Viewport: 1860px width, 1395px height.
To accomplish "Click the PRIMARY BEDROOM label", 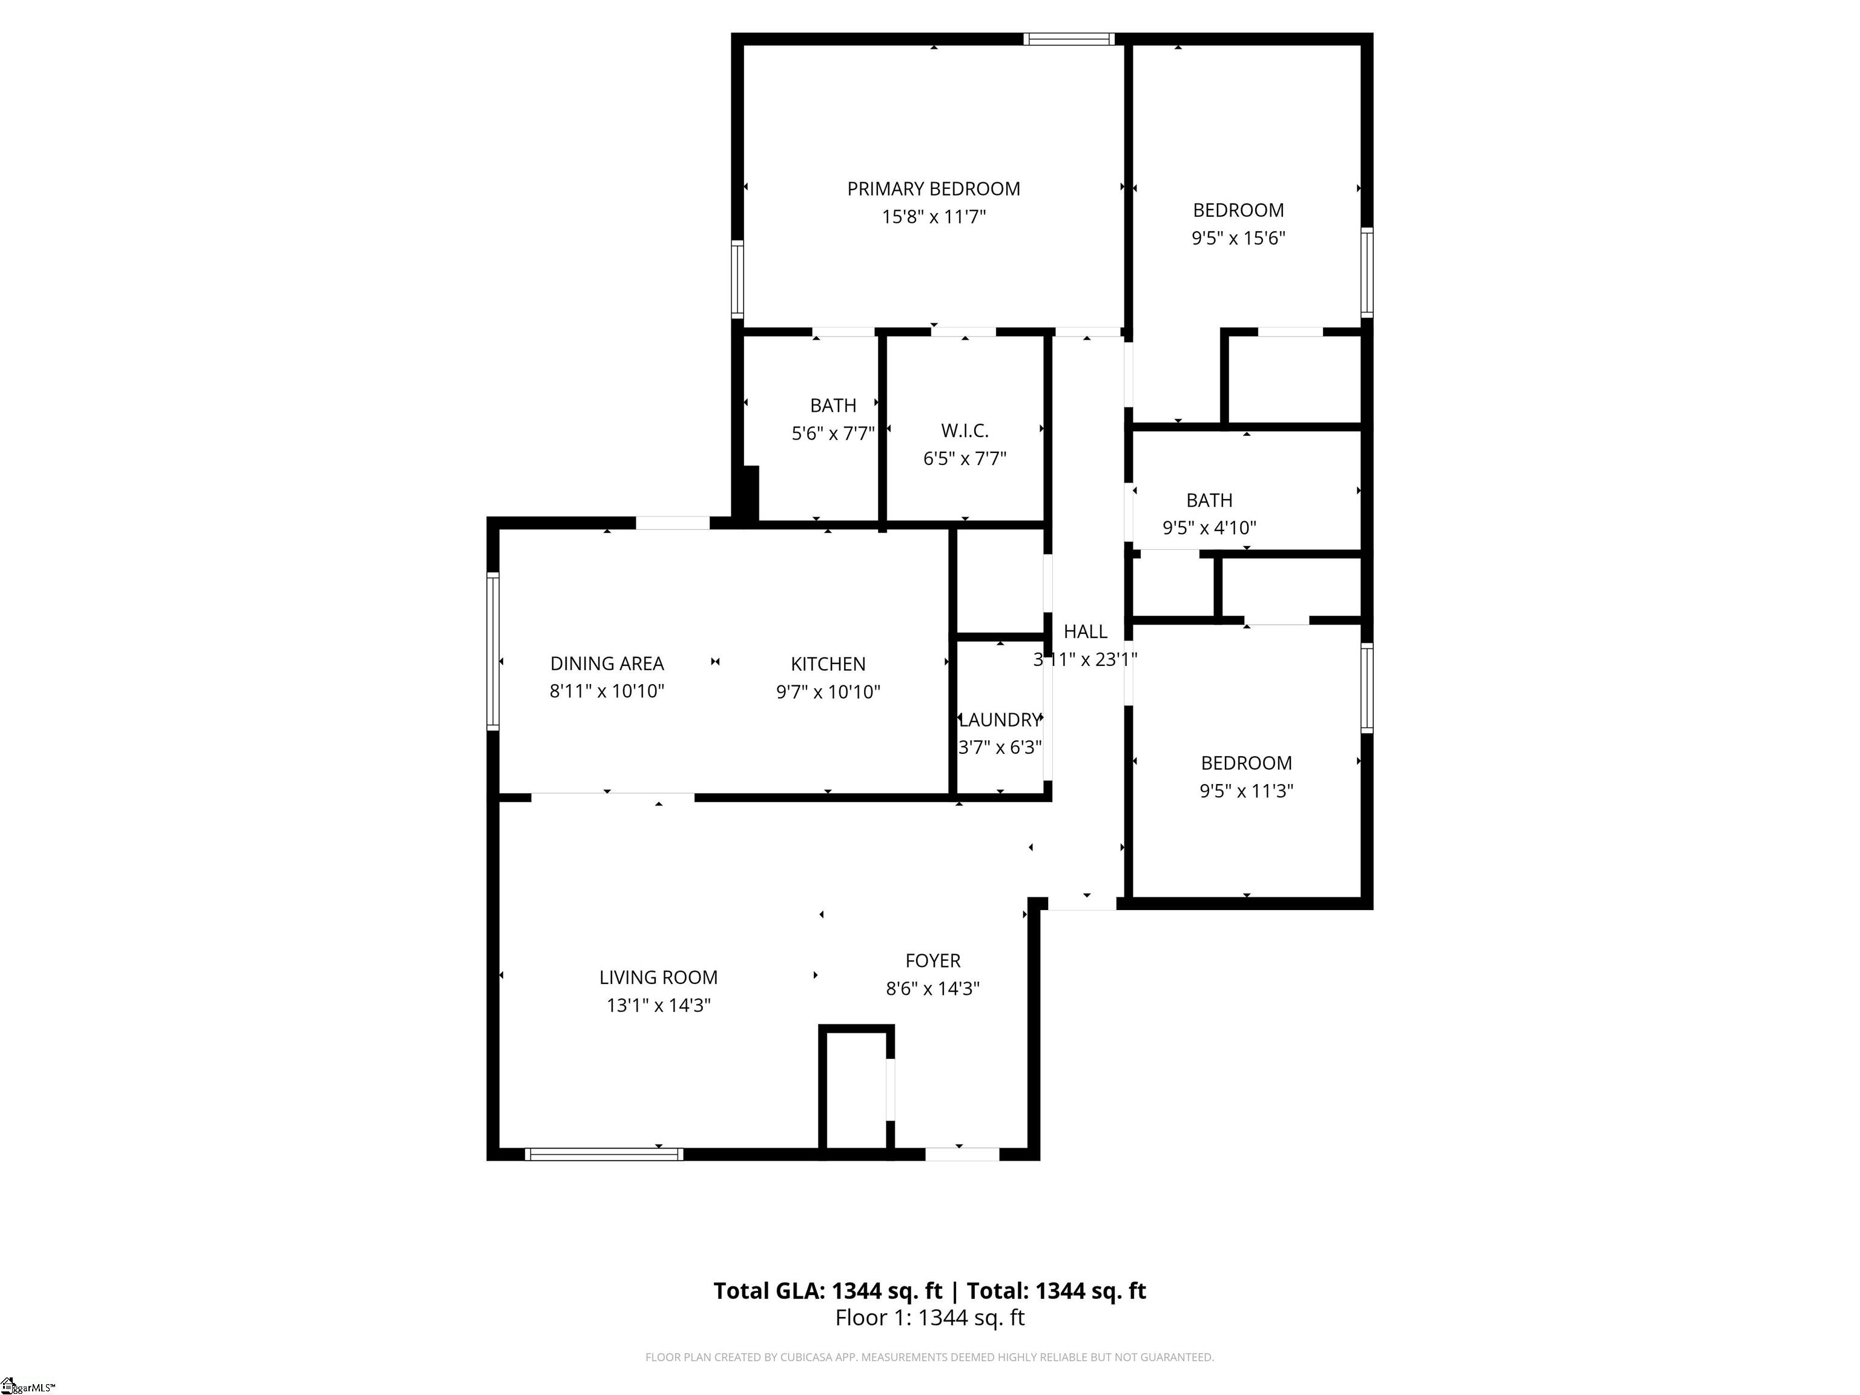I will pyautogui.click(x=934, y=189).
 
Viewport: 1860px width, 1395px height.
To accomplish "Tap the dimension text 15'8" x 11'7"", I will pyautogui.click(x=934, y=217).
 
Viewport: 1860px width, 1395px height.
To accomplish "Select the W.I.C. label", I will pyautogui.click(x=965, y=430).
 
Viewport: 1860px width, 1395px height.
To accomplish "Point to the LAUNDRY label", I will pyautogui.click(x=1000, y=720).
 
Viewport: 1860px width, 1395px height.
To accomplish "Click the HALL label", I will pyautogui.click(x=1085, y=632).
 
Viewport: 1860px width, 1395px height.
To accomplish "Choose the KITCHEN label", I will pyautogui.click(x=828, y=664).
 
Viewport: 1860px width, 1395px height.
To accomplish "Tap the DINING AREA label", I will pyautogui.click(x=607, y=664).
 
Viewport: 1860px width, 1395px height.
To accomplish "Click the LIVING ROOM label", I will pyautogui.click(x=658, y=977).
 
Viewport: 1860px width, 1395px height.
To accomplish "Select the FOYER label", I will pyautogui.click(x=932, y=960).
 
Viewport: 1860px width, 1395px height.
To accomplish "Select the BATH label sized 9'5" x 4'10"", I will pyautogui.click(x=1209, y=500).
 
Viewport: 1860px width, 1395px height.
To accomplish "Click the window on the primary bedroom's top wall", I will pyautogui.click(x=1069, y=39).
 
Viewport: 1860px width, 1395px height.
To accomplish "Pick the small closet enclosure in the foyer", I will pyautogui.click(x=856, y=1090).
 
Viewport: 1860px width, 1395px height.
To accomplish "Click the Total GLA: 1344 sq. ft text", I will pyautogui.click(x=828, y=1291).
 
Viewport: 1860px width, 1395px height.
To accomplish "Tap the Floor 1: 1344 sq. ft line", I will pyautogui.click(x=929, y=1317).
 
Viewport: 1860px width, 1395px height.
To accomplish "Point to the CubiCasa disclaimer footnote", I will pyautogui.click(x=929, y=1357).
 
